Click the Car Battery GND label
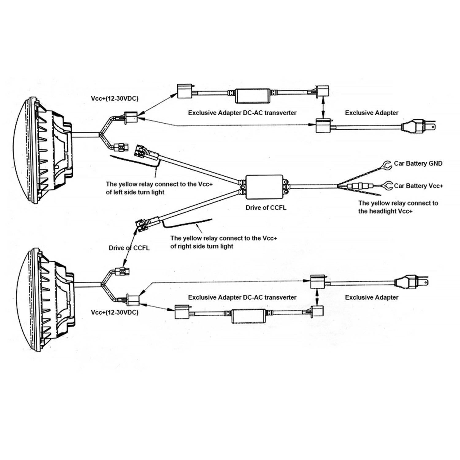tap(418, 163)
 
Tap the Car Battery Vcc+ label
tap(418, 186)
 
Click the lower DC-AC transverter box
tap(249, 316)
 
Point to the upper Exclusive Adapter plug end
tap(418, 126)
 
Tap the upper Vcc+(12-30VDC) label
tap(115, 98)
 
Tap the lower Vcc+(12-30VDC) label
tap(115, 312)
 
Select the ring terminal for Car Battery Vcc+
tap(388, 186)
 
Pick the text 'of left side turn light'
tap(135, 192)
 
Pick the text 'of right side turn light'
tap(202, 246)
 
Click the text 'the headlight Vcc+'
tap(385, 211)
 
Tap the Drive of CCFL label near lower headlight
tap(129, 248)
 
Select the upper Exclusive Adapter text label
tap(372, 113)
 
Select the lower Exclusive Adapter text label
tap(372, 297)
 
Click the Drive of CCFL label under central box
tap(266, 208)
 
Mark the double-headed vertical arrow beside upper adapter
tap(322, 107)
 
